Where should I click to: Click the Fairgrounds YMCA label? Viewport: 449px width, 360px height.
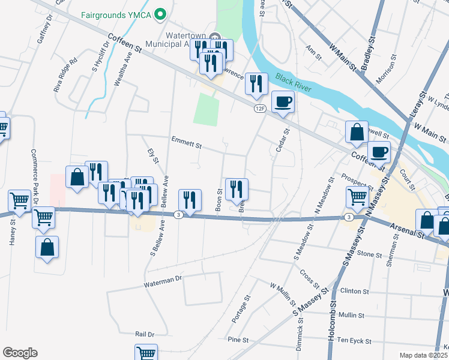point(116,13)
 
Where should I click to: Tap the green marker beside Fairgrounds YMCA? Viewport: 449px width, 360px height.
point(160,13)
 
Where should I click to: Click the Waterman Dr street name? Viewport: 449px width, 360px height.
point(163,280)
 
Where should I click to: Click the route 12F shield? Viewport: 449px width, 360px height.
point(259,108)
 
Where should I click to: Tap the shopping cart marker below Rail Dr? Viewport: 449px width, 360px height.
point(146,353)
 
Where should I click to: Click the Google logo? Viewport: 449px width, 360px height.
point(20,353)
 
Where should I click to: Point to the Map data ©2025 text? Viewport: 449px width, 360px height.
point(424,355)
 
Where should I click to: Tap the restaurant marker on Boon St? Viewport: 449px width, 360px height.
point(237,189)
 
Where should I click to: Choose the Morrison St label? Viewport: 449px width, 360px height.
point(385,71)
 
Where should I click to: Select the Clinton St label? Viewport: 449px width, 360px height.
point(354,291)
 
